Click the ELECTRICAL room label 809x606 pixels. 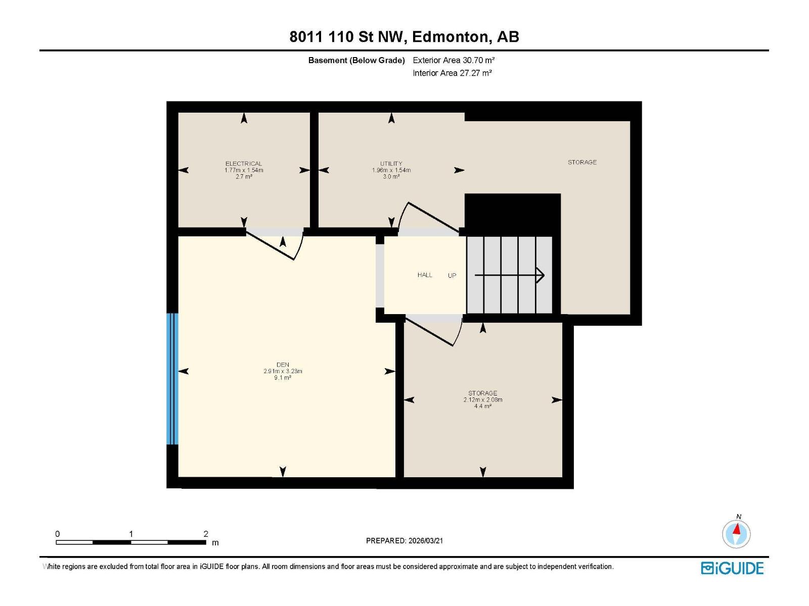[244, 164]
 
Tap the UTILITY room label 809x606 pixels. [391, 164]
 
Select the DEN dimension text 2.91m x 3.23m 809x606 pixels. [283, 371]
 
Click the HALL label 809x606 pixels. [425, 275]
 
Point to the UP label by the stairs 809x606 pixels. [452, 276]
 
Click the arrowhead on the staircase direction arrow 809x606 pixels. [541, 275]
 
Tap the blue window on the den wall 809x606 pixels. [172, 379]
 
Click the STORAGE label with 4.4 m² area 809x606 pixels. [482, 393]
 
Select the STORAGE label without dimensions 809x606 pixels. [582, 162]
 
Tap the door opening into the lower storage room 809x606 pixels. [435, 331]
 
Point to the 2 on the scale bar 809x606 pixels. [206, 534]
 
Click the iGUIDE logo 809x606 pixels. [732, 568]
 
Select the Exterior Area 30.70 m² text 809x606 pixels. [454, 60]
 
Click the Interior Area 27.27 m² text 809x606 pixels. [452, 73]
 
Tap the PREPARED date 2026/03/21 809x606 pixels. [404, 540]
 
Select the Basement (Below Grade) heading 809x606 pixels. [356, 61]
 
